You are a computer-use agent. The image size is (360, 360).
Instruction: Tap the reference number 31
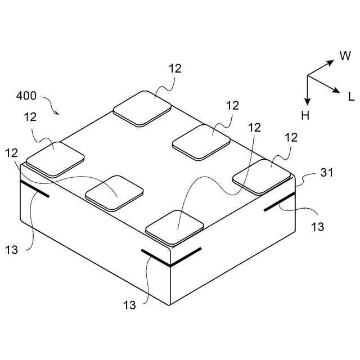click(x=327, y=173)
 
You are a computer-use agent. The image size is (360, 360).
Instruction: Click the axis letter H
click(x=305, y=116)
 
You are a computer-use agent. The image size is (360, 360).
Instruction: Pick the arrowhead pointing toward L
click(x=336, y=90)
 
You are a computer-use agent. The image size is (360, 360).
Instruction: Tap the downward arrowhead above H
click(x=308, y=101)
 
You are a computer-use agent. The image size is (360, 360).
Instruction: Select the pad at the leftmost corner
click(x=55, y=158)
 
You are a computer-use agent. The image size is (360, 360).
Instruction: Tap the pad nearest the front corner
click(x=175, y=227)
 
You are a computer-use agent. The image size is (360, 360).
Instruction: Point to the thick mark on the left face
click(x=34, y=189)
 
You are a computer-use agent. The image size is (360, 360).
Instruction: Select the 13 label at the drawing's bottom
click(x=130, y=305)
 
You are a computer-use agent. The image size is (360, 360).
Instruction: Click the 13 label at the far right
click(x=318, y=227)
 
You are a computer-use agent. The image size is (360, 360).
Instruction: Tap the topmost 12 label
click(x=175, y=69)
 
